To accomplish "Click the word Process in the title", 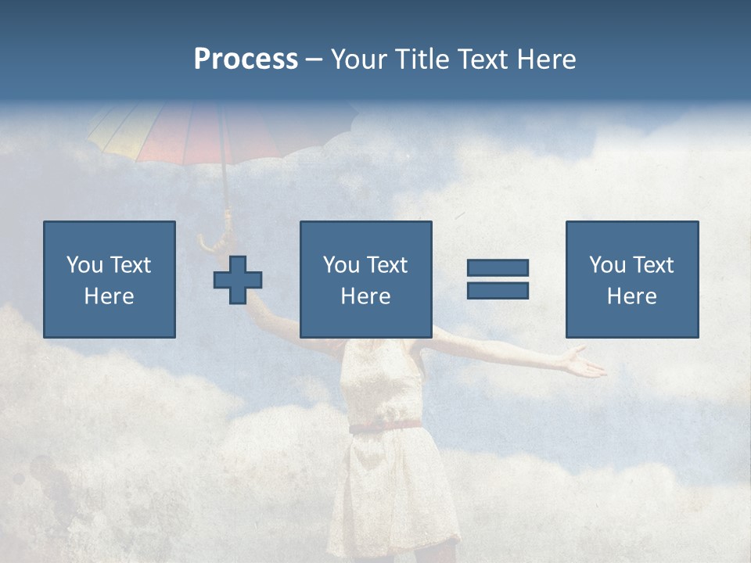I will pyautogui.click(x=246, y=59).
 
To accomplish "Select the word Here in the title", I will pyautogui.click(x=546, y=59).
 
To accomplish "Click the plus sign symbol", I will pyautogui.click(x=238, y=279).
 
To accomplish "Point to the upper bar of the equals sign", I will pyautogui.click(x=498, y=268).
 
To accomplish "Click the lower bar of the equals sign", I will pyautogui.click(x=498, y=290).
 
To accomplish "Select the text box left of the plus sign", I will pyautogui.click(x=110, y=279).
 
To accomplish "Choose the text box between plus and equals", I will pyautogui.click(x=366, y=279).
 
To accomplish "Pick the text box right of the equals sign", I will pyautogui.click(x=632, y=279).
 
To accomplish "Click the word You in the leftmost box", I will pyautogui.click(x=84, y=265).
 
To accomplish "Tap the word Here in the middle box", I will pyautogui.click(x=366, y=296).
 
